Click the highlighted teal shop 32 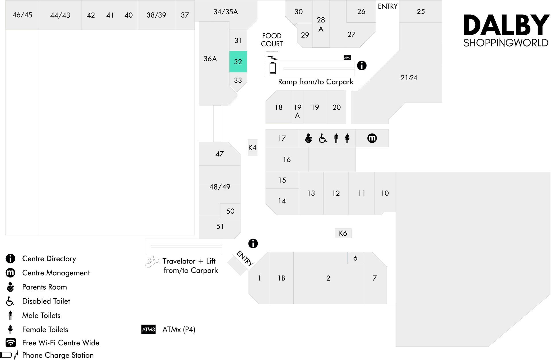tap(238, 62)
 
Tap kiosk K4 tap(253, 148)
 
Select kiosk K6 tap(343, 233)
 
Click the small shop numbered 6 tap(356, 258)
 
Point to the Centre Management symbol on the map tap(372, 138)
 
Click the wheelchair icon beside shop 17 tap(323, 138)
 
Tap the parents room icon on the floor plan tap(309, 138)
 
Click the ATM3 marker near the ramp tap(347, 58)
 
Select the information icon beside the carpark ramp tap(362, 65)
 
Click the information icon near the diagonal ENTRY tap(253, 243)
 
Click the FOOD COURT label tap(272, 40)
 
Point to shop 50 tap(230, 211)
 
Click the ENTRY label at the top tap(387, 6)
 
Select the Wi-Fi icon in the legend tap(11, 342)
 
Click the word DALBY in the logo tap(506, 25)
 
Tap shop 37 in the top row tap(185, 15)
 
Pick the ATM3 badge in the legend tap(148, 329)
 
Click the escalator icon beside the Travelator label tap(152, 262)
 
